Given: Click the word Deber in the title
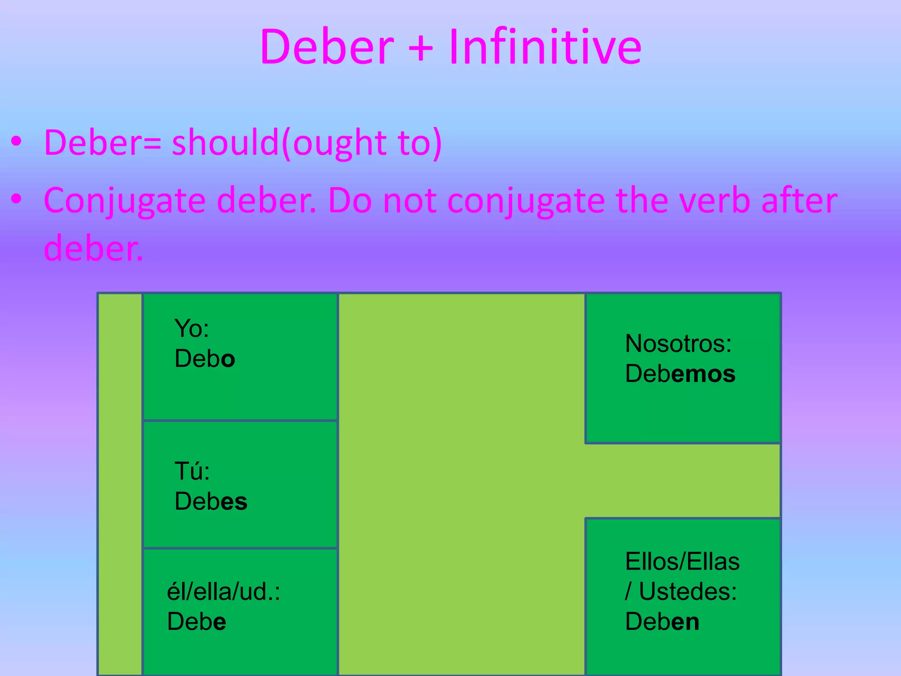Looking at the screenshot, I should tap(326, 47).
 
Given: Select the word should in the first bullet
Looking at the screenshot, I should tap(225, 143).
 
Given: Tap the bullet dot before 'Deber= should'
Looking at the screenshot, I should tap(17, 142).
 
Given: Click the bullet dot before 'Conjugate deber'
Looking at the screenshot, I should tap(17, 199).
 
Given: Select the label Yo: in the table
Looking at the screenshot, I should tap(192, 328).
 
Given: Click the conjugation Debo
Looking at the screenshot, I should tap(205, 359).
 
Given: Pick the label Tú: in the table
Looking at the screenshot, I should tap(192, 471).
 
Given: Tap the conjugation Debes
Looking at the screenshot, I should tap(211, 501).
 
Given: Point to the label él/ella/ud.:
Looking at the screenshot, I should tap(223, 591).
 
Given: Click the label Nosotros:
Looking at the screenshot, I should tap(678, 343).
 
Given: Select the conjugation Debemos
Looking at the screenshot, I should tap(680, 374).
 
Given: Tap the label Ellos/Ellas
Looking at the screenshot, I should tap(682, 562).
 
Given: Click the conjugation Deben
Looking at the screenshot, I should tap(662, 621).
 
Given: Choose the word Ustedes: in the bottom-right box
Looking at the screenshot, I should tap(688, 591).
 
